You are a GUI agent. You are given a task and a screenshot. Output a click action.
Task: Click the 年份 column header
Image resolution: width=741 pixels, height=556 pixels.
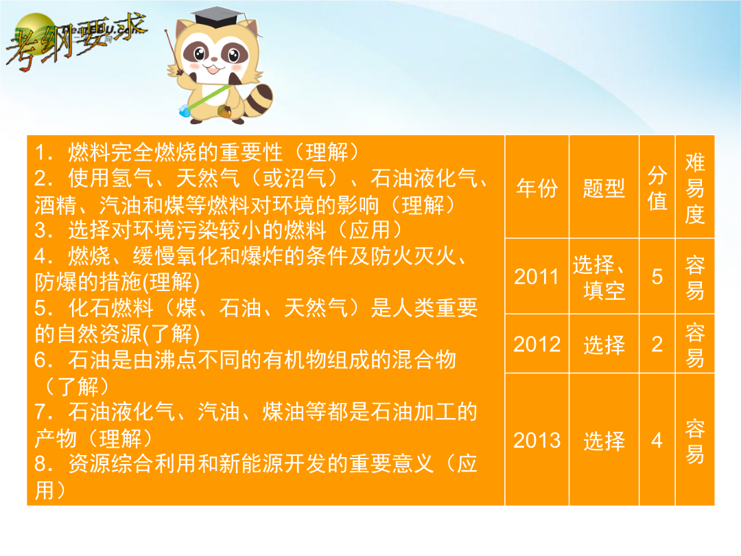[x=537, y=188]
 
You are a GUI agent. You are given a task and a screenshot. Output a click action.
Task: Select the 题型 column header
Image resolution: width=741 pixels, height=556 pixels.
[x=604, y=188]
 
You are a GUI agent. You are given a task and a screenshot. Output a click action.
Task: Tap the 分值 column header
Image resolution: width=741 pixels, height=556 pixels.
[x=657, y=188]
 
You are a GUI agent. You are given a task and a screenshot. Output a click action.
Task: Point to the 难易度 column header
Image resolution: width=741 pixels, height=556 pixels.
[x=694, y=188]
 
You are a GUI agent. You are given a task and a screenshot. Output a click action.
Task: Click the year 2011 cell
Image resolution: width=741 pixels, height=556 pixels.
[x=537, y=277]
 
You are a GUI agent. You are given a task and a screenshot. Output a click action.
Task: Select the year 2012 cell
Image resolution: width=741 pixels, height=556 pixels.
[x=537, y=344]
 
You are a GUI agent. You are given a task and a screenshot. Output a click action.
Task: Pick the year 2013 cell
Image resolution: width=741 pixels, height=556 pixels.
[x=537, y=441]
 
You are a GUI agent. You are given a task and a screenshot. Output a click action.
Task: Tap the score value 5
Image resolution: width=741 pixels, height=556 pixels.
[x=657, y=277]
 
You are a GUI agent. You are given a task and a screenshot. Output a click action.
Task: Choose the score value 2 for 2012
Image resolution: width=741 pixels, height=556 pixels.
[x=657, y=344]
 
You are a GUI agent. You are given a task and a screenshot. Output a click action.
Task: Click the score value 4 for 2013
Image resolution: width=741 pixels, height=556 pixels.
[x=657, y=441]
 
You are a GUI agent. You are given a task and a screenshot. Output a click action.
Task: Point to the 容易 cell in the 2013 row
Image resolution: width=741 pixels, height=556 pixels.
[x=694, y=441]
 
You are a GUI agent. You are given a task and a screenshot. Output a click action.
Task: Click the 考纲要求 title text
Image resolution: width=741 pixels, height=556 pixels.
[x=75, y=43]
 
